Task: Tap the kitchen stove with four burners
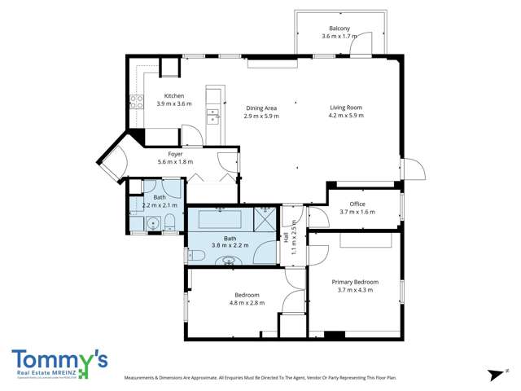point(136,103)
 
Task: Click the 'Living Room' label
point(345,108)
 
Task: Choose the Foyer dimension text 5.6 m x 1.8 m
point(175,162)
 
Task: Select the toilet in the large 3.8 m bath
point(195,255)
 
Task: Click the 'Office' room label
point(357,204)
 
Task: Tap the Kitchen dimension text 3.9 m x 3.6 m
point(174,103)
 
